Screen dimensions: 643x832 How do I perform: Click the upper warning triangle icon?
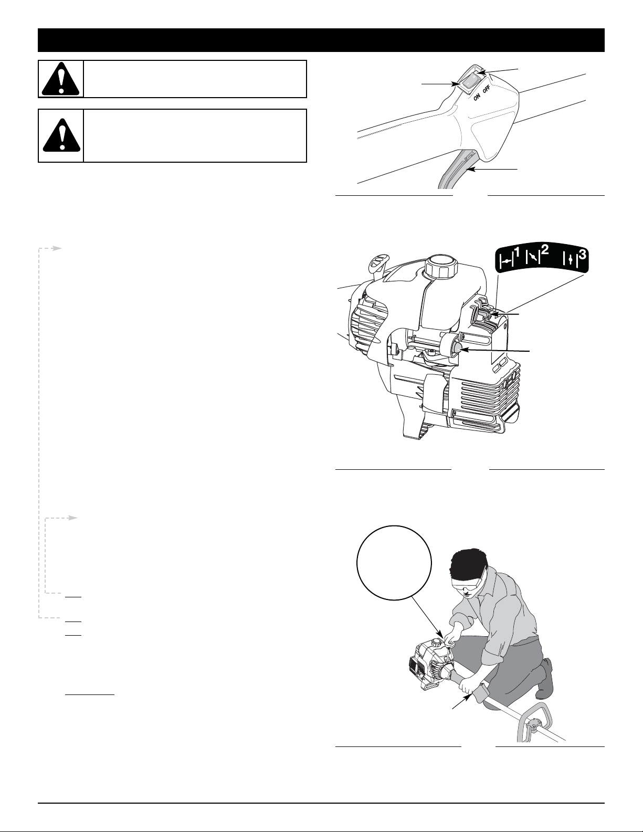coord(61,79)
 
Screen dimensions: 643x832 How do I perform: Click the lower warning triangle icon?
coord(61,135)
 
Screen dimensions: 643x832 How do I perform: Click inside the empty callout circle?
coord(394,562)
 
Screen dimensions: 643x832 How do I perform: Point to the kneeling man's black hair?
coord(467,567)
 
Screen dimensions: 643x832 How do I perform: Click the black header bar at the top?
coord(321,40)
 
